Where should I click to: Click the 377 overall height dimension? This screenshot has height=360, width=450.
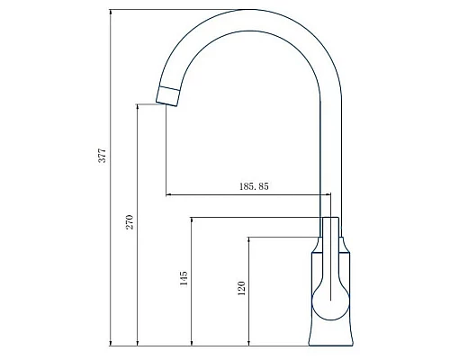[102, 155]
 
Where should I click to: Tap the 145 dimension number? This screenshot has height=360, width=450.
[184, 279]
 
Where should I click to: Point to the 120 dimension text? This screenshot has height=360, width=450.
[241, 289]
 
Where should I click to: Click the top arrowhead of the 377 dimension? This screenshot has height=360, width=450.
[110, 13]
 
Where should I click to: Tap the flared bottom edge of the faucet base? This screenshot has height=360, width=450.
[331, 342]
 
